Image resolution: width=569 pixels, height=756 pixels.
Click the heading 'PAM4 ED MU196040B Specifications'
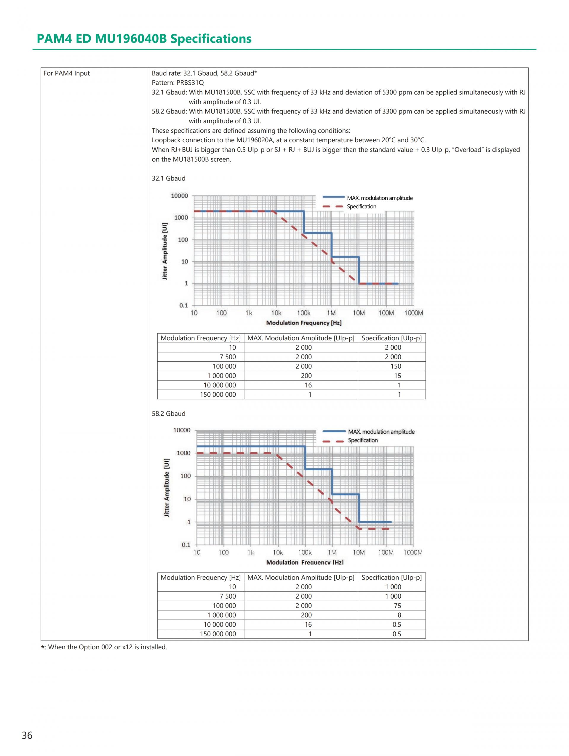coord(144,39)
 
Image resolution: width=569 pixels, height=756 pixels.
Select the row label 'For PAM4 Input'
coord(67,73)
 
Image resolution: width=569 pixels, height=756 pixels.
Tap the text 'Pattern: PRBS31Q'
coord(178,83)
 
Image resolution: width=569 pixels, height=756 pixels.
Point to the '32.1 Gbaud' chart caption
coord(168,178)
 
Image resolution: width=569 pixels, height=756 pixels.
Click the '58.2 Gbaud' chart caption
coord(168,414)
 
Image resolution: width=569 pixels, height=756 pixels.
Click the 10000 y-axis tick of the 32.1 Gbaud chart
coord(179,196)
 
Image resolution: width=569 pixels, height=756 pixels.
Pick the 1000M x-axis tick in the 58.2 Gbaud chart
coord(413,552)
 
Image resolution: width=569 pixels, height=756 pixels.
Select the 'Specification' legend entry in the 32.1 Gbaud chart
coord(361,206)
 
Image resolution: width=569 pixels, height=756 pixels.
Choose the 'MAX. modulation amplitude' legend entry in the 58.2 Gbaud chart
coord(381,432)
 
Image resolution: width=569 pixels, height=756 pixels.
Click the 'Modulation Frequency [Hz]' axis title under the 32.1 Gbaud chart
coord(304,323)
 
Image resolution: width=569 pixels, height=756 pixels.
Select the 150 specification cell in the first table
coord(396,366)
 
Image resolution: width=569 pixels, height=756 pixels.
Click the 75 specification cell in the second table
coord(397,606)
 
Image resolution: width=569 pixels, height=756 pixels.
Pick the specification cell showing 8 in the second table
coord(399,615)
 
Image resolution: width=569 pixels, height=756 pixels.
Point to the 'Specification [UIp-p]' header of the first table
coord(391,338)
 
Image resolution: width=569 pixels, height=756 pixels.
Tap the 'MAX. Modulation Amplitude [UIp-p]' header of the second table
coord(301,578)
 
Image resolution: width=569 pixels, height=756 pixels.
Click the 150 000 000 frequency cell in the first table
coord(218,394)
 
